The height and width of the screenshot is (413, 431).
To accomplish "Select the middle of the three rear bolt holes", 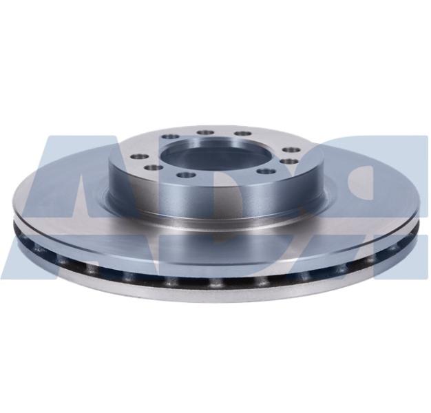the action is [x=206, y=132].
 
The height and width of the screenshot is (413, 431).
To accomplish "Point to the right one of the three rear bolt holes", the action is [x=244, y=134].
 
